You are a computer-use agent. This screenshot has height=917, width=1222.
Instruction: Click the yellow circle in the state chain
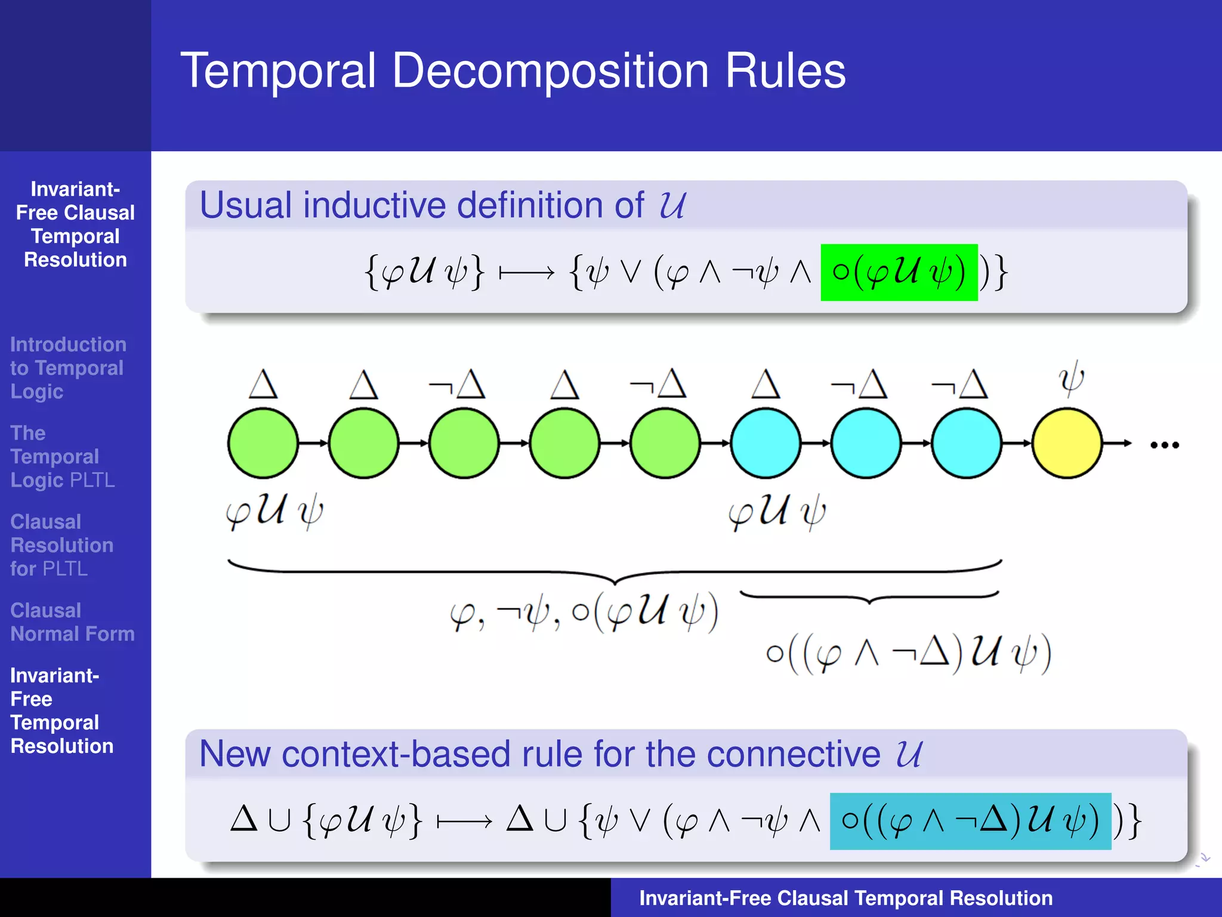[1067, 443]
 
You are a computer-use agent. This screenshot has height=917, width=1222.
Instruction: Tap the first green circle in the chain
[263, 443]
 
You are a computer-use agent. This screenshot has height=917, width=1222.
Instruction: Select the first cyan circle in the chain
[766, 443]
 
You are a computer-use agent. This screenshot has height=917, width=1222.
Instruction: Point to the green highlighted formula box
[899, 272]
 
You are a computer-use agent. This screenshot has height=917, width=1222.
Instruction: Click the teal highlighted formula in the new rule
[970, 821]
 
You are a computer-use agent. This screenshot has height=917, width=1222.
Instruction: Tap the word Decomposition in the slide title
[550, 71]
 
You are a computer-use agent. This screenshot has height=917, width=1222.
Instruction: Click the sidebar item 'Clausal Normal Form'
[72, 621]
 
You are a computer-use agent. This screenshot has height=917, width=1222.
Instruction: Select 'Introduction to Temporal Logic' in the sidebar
[67, 368]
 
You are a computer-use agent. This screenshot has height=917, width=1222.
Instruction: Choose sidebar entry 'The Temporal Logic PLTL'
[62, 456]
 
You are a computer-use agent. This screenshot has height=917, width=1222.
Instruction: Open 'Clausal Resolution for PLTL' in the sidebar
[61, 545]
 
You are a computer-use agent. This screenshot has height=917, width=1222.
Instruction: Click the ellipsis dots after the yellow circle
[1164, 445]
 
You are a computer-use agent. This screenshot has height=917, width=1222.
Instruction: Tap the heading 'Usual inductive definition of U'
[442, 205]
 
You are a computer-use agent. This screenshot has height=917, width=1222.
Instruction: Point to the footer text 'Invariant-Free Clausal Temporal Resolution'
[845, 898]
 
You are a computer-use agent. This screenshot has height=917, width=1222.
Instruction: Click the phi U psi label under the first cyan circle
[777, 512]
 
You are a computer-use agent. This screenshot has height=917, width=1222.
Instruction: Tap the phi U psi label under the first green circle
[274, 512]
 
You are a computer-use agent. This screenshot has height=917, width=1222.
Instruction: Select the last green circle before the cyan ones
[665, 443]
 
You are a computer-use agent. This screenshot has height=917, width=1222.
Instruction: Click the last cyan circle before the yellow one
[967, 443]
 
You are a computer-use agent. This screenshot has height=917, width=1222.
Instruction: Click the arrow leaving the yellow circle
[1117, 443]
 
